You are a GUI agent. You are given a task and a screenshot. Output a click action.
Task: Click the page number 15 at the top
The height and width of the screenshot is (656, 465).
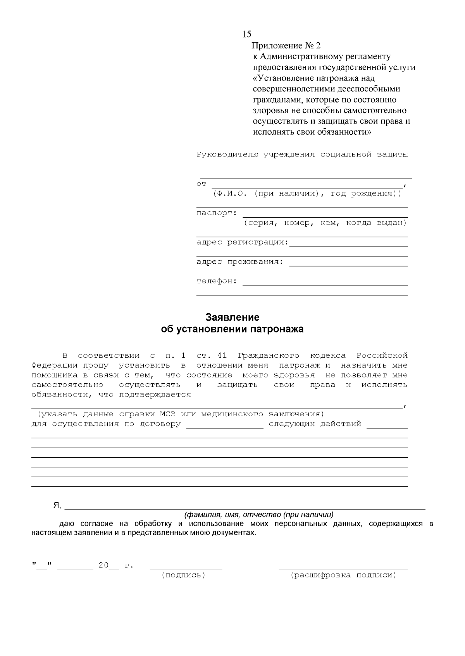click(x=246, y=34)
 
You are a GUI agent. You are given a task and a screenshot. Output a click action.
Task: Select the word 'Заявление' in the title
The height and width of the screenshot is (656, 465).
click(x=232, y=318)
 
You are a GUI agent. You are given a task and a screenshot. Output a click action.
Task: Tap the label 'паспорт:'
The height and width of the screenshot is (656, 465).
click(x=216, y=213)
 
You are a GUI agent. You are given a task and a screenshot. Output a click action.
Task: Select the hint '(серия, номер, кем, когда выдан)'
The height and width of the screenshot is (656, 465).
click(x=325, y=223)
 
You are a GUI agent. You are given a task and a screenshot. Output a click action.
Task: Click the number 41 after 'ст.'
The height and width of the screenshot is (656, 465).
click(x=222, y=355)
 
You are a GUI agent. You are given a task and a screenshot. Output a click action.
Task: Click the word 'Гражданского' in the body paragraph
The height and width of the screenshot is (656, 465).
click(x=268, y=355)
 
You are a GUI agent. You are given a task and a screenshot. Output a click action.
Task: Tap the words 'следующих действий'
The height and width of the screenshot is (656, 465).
click(x=315, y=424)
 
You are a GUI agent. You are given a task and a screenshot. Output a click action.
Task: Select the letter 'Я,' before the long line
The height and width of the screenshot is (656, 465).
click(x=57, y=505)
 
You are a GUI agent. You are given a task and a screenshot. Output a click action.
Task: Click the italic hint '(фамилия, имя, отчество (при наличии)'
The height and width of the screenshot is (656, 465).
click(x=258, y=515)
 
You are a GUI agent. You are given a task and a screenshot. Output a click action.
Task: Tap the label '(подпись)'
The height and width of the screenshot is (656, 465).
click(x=183, y=575)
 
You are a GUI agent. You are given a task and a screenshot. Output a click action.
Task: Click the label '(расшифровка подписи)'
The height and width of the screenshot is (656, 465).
click(x=343, y=575)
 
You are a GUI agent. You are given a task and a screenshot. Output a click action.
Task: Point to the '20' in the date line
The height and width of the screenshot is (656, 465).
click(x=103, y=565)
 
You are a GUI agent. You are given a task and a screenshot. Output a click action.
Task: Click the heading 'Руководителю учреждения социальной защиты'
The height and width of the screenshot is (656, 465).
click(x=302, y=155)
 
